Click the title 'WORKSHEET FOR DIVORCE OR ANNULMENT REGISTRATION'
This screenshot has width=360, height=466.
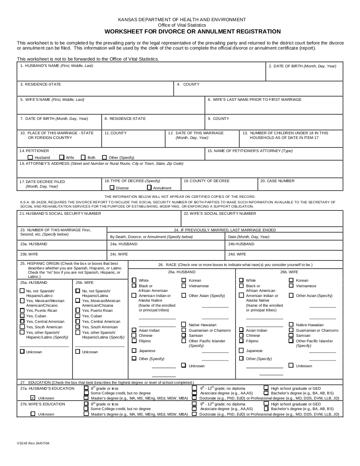193,31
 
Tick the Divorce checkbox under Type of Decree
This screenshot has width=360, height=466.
112,187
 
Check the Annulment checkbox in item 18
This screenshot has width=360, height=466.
150,187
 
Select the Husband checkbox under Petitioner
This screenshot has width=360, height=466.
30,157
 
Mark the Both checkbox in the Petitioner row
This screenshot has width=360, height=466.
83,157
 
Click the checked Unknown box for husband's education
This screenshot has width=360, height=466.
33,398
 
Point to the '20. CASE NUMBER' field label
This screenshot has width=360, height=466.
277,181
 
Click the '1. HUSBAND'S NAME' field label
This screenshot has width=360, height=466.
56,66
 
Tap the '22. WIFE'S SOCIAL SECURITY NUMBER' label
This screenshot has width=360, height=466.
220,214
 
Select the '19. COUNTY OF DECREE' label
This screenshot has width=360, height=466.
206,181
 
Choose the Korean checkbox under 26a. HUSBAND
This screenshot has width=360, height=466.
184,280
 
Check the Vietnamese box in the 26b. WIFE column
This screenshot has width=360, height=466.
291,286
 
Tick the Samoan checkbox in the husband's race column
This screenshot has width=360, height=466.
184,335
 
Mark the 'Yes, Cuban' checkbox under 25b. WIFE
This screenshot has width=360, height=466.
78,316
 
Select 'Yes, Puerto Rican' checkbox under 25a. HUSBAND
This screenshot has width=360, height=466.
22,310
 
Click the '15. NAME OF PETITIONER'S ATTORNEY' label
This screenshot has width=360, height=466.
250,151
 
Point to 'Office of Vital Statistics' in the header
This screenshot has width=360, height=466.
182,25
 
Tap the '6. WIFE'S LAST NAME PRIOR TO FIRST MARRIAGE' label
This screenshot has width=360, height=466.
255,100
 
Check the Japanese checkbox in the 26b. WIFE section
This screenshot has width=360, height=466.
241,350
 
